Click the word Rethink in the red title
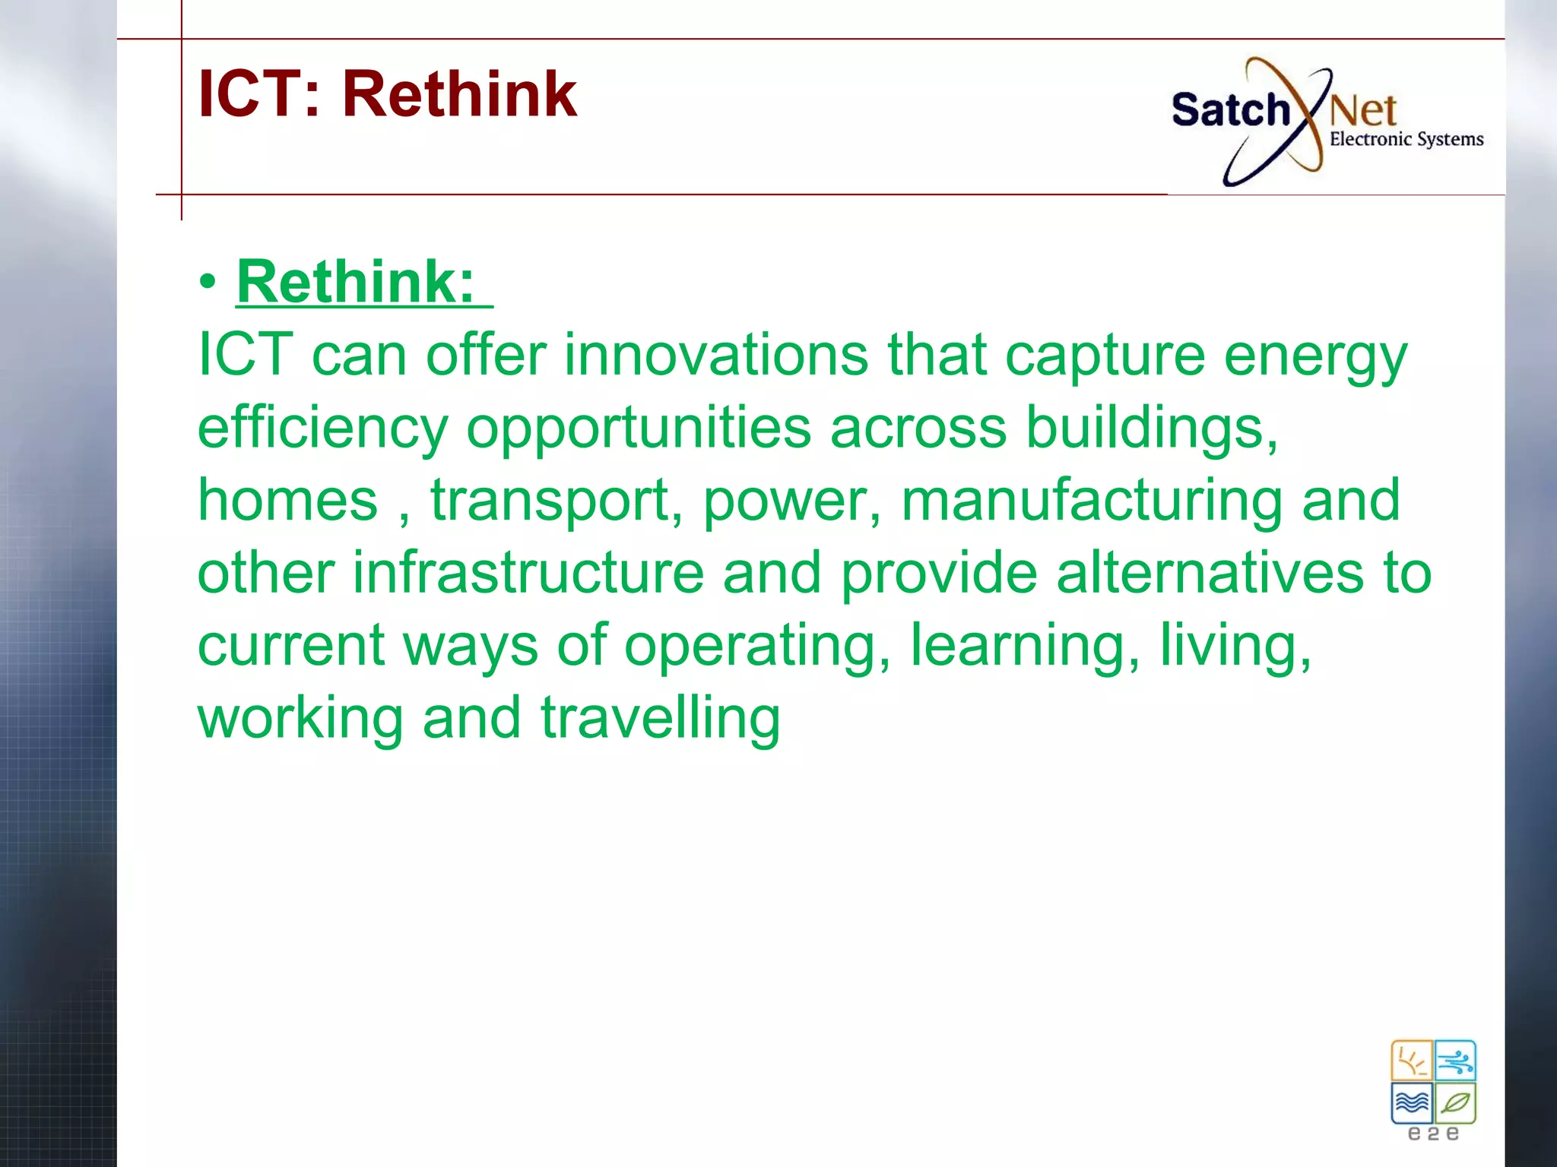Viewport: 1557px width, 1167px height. coord(459,94)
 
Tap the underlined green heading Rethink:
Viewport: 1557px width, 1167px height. coord(356,282)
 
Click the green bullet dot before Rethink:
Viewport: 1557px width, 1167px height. coord(208,283)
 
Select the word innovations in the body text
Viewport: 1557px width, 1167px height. coord(715,355)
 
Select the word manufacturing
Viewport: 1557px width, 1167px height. coord(1092,500)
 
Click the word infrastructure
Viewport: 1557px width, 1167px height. coord(528,573)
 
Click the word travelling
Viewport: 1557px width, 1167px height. coord(660,718)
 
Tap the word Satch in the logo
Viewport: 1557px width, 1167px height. coord(1230,111)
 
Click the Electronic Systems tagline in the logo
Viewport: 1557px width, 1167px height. coord(1406,140)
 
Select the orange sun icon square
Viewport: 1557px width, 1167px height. coord(1412,1061)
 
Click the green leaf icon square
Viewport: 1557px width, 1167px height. coord(1456,1103)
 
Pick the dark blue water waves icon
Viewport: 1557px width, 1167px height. coord(1412,1103)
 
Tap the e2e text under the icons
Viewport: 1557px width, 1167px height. coord(1433,1134)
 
